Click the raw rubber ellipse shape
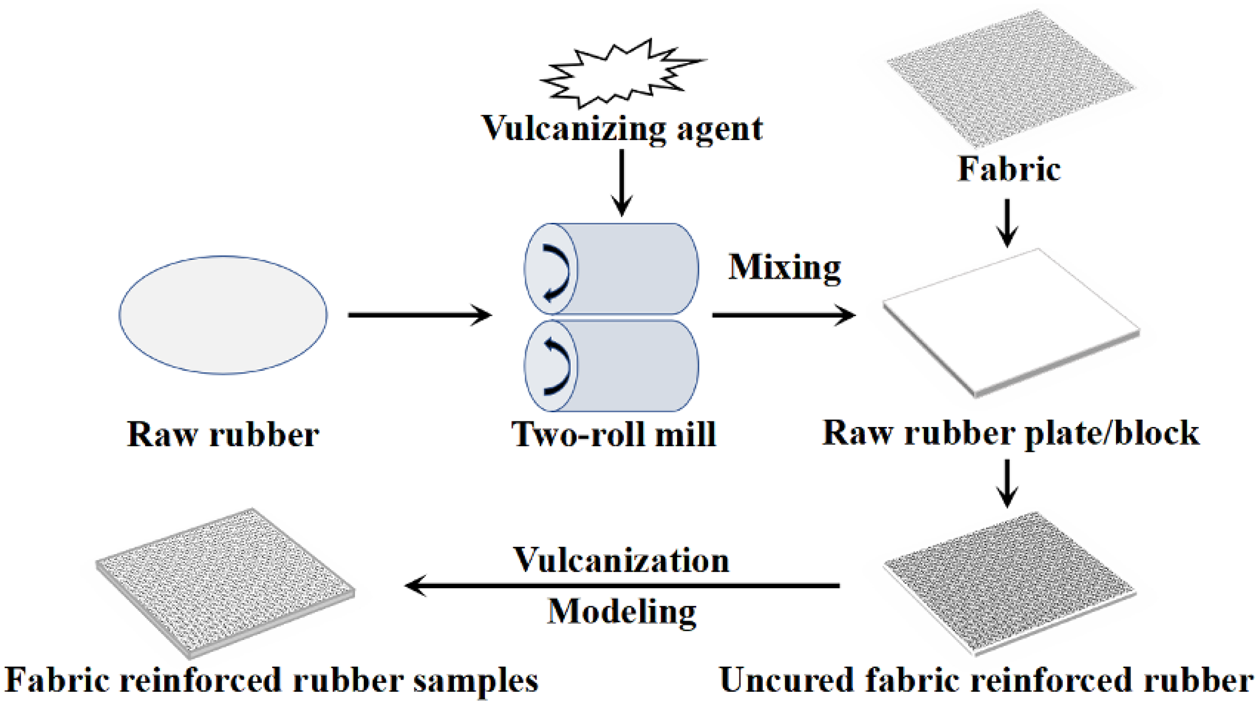click(223, 315)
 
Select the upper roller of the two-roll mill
click(631, 269)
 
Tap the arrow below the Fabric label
click(1007, 222)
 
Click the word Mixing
click(784, 268)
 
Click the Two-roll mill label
click(613, 434)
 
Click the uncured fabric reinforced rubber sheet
click(1009, 582)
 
